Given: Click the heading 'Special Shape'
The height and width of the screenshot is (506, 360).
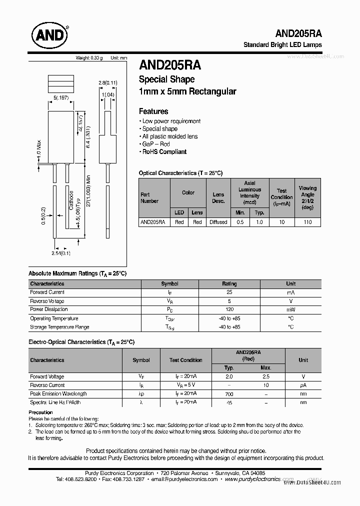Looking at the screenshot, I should pos(166,79).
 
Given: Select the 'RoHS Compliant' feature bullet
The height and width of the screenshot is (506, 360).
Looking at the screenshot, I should pos(164,152).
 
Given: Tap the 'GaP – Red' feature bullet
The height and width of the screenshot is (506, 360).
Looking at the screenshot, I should pos(156,144).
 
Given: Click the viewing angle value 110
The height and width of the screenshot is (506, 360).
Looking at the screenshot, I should pos(307,222).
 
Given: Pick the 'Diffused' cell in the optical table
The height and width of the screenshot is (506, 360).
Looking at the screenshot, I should pos(218,222).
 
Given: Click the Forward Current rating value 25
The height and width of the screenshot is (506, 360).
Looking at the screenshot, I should pos(229,292).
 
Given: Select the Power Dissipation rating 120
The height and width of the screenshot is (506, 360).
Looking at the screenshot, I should pos(229,309).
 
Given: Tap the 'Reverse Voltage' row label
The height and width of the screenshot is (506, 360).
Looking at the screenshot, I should pos(47,301).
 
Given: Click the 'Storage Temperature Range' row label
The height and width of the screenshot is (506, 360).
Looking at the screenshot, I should pos(59,327).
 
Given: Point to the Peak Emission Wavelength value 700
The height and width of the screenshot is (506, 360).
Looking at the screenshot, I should pos(229,394).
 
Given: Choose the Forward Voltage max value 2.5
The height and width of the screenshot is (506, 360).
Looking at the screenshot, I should pos(266,377).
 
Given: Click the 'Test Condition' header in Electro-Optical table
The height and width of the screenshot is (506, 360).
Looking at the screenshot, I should pos(185,360).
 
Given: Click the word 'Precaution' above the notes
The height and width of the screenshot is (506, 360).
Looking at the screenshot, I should pos(40,412).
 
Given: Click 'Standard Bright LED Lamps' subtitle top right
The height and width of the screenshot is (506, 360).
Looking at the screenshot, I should pos(282,44).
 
